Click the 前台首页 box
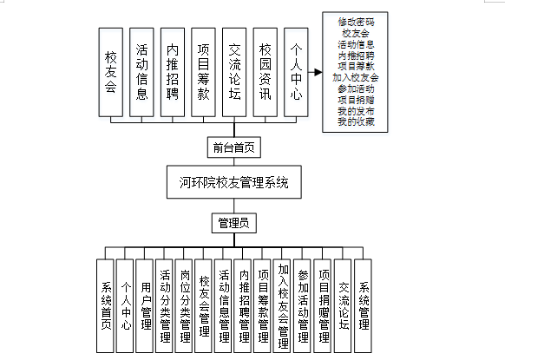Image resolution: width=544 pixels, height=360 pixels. [233, 147]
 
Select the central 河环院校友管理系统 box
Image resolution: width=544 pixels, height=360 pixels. [233, 184]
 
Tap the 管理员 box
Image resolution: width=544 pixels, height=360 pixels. [233, 223]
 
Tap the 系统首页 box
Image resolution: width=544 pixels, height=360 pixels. [106, 305]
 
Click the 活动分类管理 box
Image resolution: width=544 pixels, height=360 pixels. [166, 305]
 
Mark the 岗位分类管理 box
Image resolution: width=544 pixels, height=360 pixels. [185, 305]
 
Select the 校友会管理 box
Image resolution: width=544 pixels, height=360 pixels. [205, 305]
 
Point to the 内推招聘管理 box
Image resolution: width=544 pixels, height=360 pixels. [244, 305]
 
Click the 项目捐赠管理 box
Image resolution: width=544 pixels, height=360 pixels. [323, 305]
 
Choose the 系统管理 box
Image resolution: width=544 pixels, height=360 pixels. [363, 305]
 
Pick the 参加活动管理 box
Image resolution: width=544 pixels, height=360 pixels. [303, 305]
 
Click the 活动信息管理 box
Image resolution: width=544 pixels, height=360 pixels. [225, 305]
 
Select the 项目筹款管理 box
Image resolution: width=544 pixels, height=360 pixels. [263, 305]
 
